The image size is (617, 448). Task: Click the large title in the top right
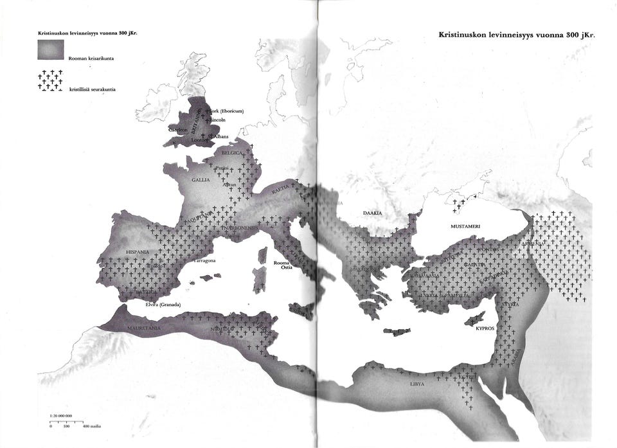pyautogui.click(x=517, y=35)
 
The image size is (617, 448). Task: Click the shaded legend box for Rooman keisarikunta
pyautogui.click(x=51, y=49)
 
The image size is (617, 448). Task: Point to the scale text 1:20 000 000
pyautogui.click(x=60, y=417)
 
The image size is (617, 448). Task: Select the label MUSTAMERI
pyautogui.click(x=465, y=226)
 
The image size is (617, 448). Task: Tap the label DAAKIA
pyautogui.click(x=372, y=212)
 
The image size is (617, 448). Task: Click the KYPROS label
pyautogui.click(x=485, y=328)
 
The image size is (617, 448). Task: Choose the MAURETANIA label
pyautogui.click(x=144, y=328)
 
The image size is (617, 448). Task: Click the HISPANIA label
pyautogui.click(x=138, y=251)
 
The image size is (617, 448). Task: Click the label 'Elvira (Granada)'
pyautogui.click(x=161, y=304)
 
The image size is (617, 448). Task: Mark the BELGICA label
pyautogui.click(x=233, y=154)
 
